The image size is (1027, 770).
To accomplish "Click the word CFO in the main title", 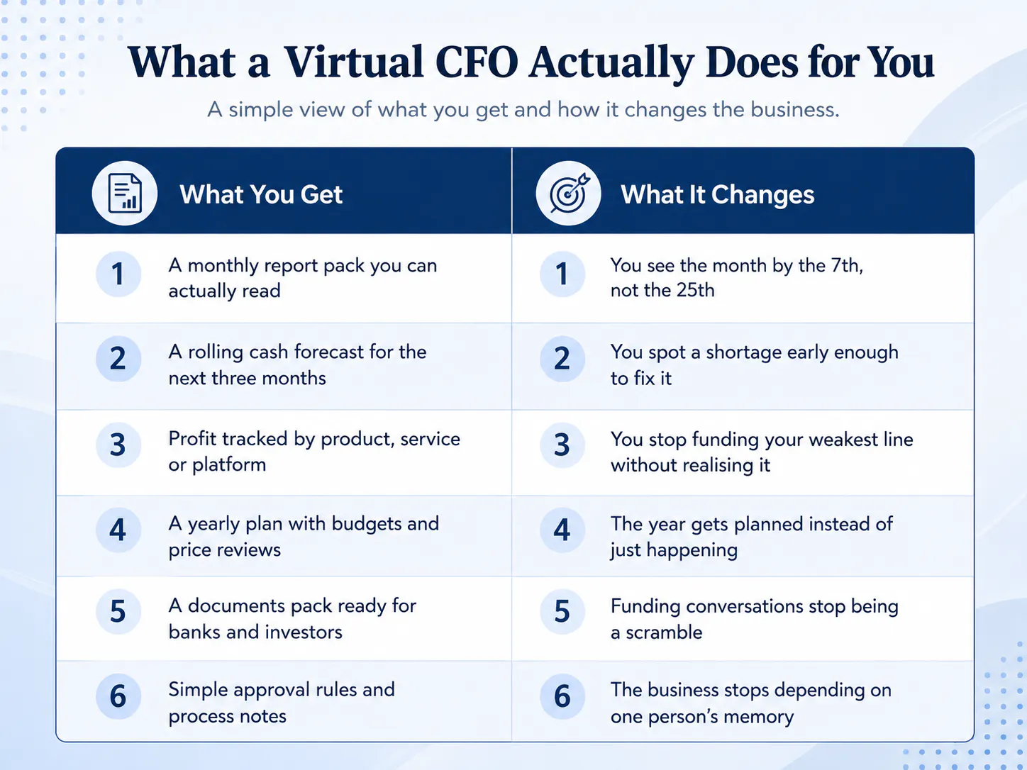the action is click(477, 62).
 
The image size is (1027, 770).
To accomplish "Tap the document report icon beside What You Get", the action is click(124, 193).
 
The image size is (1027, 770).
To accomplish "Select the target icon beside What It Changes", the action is click(569, 193).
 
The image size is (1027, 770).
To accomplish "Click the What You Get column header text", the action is click(261, 194).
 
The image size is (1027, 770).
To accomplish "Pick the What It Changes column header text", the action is click(717, 194).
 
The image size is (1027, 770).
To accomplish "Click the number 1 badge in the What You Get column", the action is click(118, 274).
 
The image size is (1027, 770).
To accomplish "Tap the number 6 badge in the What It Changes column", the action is click(562, 696).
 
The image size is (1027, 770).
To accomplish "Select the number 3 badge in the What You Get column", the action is click(118, 445).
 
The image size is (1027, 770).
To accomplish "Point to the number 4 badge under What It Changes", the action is click(562, 530).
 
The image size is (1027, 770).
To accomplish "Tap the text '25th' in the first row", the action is click(695, 290).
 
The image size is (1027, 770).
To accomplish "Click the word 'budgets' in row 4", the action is click(367, 524).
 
